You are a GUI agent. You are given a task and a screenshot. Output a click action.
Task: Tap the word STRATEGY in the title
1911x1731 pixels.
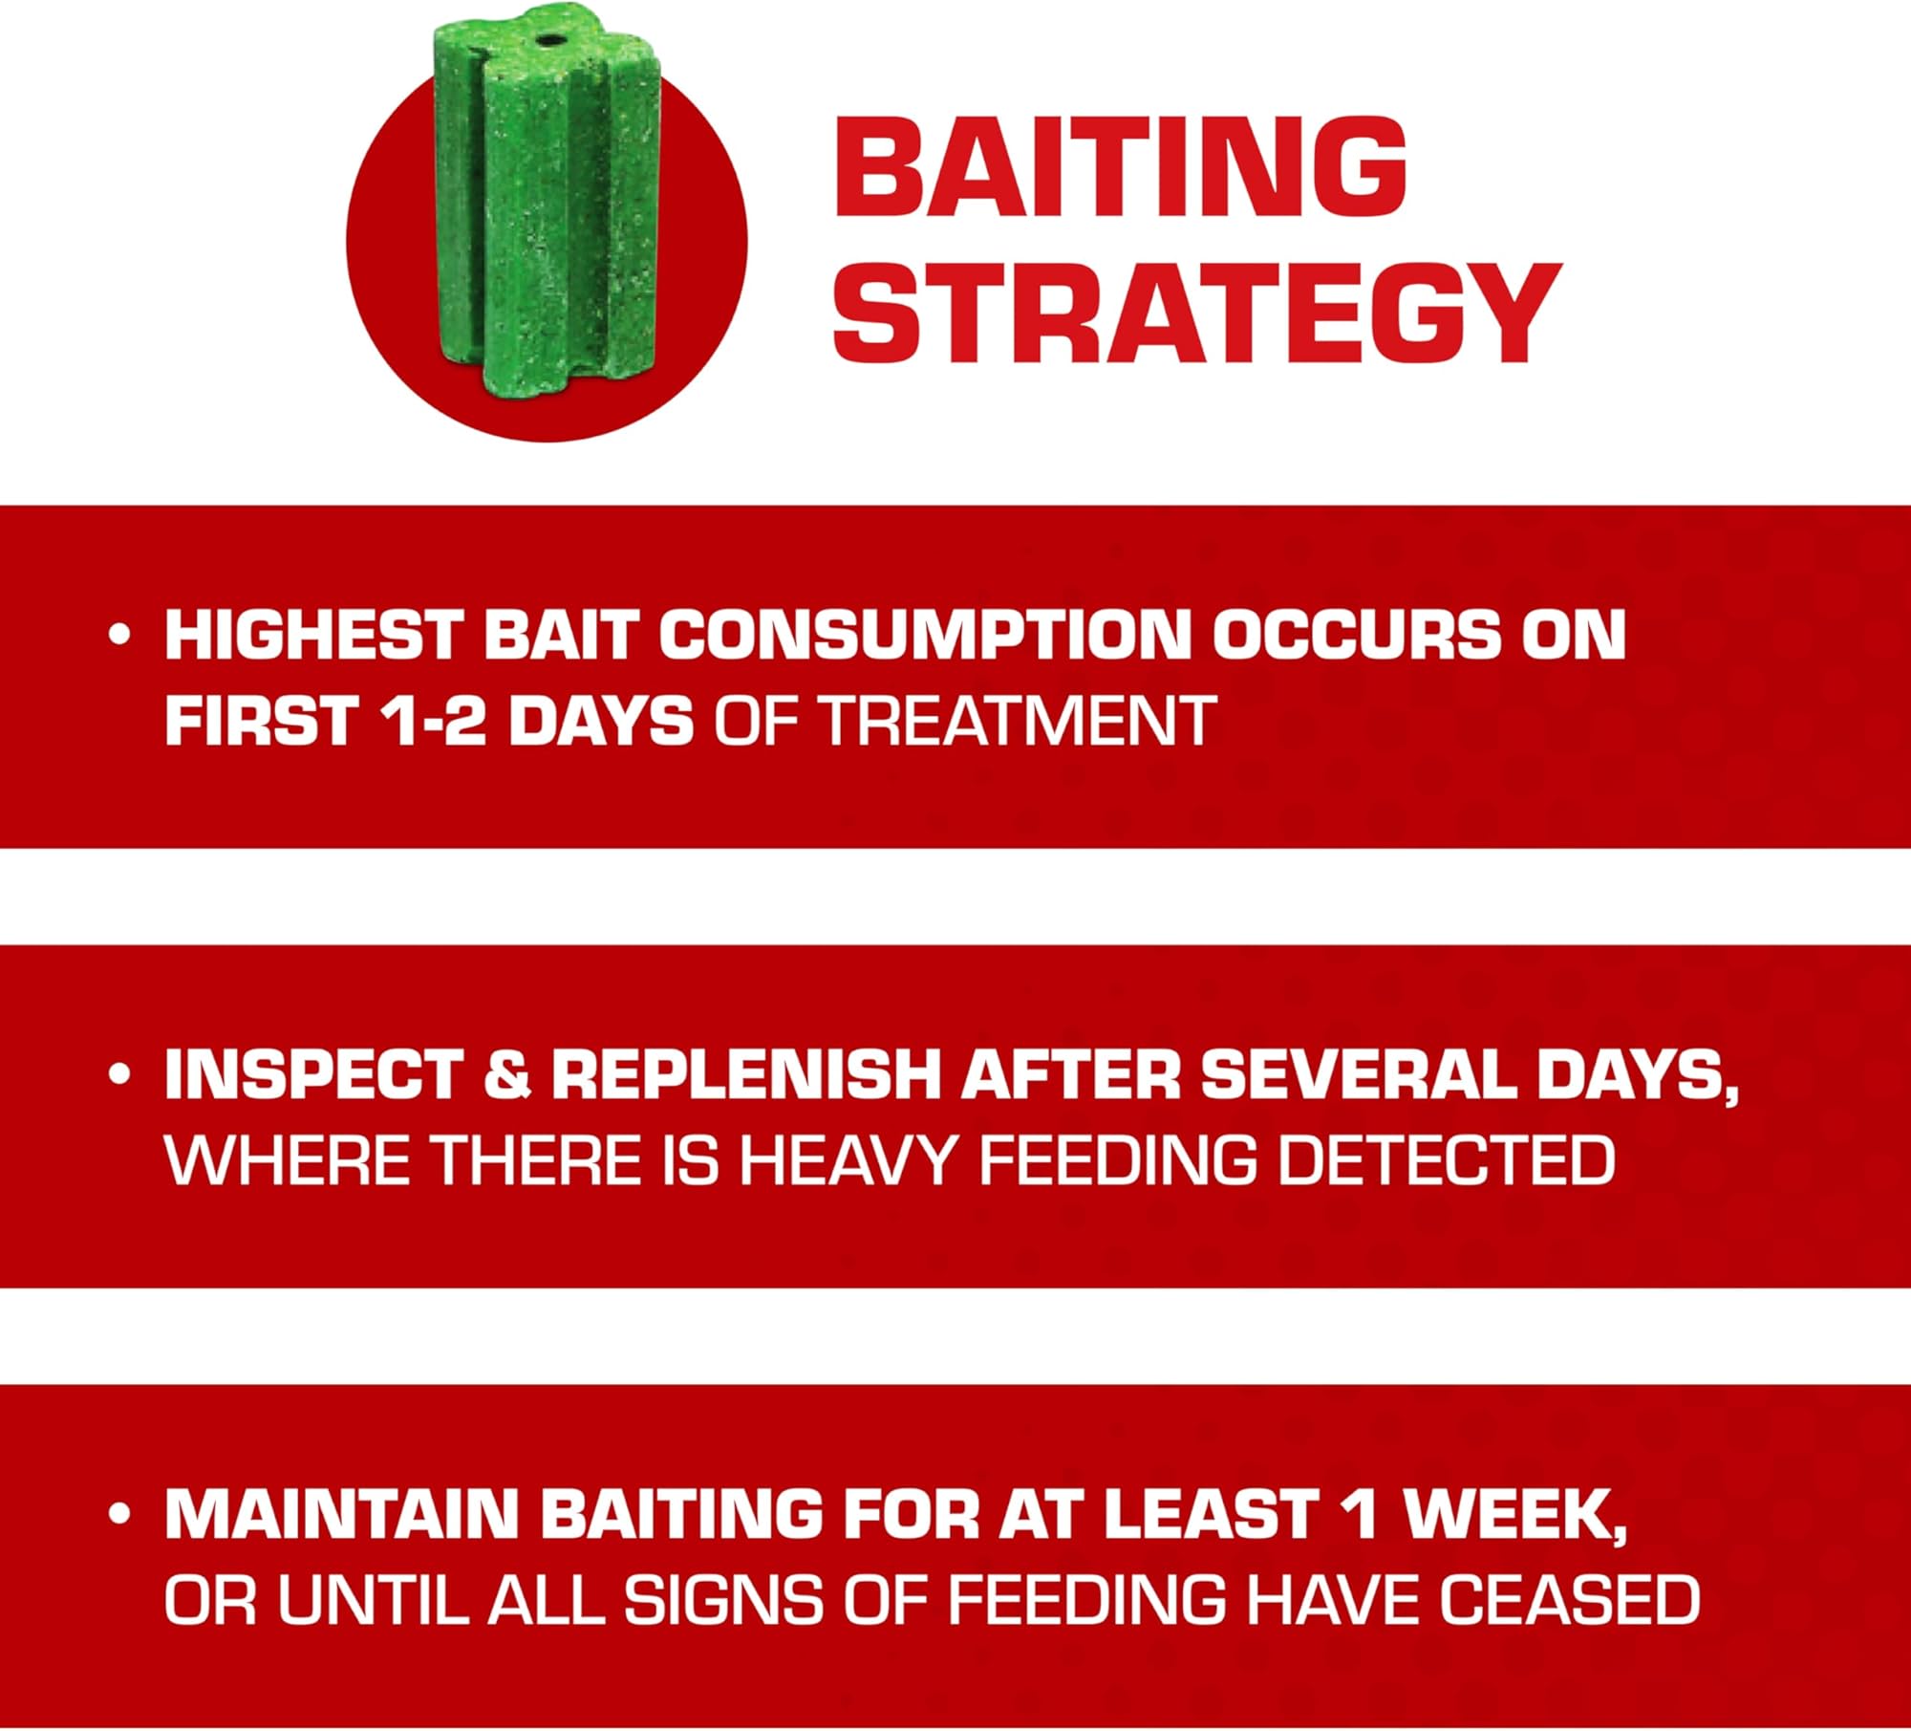[1197, 312]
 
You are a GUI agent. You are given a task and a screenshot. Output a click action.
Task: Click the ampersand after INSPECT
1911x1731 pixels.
[507, 1074]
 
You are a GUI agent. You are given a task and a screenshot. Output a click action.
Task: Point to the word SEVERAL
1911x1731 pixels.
[1358, 1074]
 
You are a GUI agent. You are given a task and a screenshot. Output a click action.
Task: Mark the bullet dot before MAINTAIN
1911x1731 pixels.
[119, 1514]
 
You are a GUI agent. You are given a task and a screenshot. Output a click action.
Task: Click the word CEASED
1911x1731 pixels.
[1570, 1599]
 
